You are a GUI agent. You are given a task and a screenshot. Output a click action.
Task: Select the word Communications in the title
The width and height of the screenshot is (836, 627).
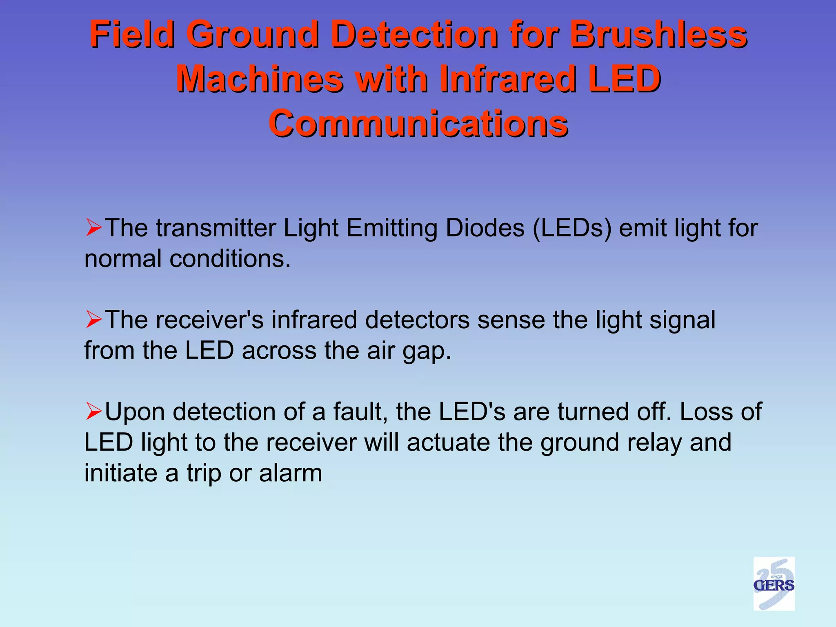point(418,124)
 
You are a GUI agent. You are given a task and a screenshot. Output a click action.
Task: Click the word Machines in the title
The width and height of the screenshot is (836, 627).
point(260,79)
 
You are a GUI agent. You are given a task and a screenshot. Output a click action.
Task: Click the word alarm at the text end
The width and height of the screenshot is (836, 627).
point(290,474)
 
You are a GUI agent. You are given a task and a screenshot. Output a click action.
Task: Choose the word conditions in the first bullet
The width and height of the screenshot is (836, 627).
point(230,259)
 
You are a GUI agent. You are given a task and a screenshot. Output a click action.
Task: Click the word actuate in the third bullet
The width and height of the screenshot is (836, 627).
point(448,443)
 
